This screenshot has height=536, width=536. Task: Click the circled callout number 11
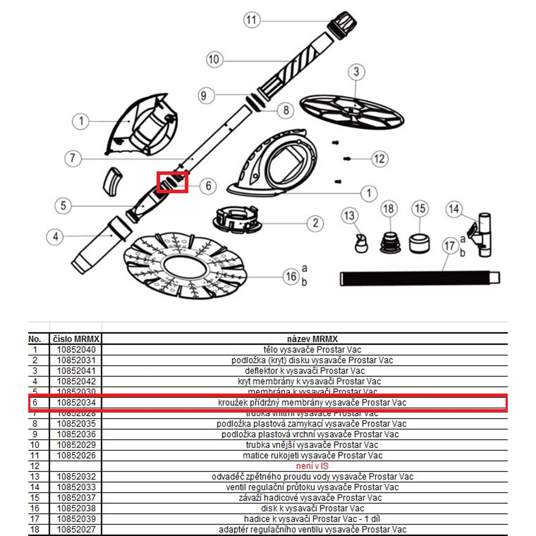coord(252,20)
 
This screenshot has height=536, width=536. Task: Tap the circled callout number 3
coord(356,72)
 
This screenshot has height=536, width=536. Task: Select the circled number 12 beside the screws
coord(379,159)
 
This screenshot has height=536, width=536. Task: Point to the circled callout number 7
coord(73,158)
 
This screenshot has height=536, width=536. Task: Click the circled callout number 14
coord(454,209)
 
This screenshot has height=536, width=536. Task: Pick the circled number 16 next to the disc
coord(291,277)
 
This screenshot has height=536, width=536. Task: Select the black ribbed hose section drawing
coord(419,278)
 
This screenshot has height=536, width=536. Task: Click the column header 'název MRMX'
coord(312,339)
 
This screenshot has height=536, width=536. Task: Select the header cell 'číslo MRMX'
coord(76,339)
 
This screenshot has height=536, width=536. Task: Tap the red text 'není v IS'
coord(312,466)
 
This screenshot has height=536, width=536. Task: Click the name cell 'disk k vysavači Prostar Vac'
coord(312,508)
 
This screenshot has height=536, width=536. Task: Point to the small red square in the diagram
coord(172,182)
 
